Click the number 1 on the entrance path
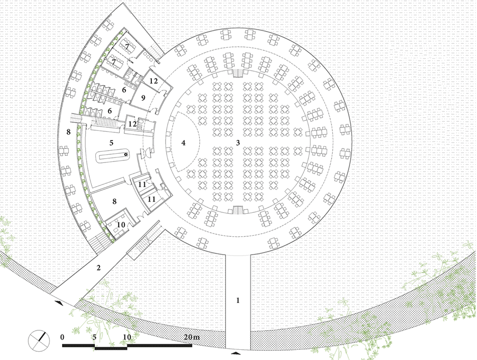tap(238, 300)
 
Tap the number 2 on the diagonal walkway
tap(98, 268)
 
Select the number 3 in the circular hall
tap(238, 143)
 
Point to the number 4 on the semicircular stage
tap(183, 143)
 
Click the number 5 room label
tap(111, 143)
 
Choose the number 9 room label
tap(143, 98)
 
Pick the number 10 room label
tap(121, 225)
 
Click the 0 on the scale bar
tap(62, 337)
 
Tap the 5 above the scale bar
tap(94, 337)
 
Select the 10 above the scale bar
tap(127, 337)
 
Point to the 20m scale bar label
tap(192, 337)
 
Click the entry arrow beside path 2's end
tap(59, 302)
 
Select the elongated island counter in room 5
tap(113, 156)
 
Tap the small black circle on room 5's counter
tap(125, 154)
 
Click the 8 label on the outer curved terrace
tap(68, 132)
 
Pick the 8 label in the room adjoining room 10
tap(114, 201)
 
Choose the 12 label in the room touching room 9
tap(153, 81)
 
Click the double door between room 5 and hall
tap(145, 152)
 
